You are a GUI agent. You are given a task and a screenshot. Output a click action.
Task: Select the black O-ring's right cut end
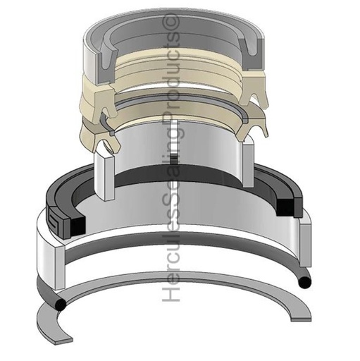click(304, 282)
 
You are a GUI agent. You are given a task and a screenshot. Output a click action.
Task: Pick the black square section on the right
click(285, 207)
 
